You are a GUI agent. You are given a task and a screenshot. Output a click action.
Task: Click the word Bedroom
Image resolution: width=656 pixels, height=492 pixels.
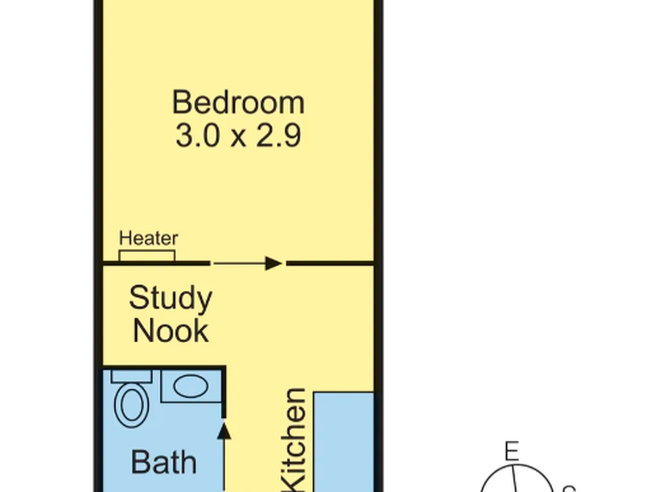(x=238, y=102)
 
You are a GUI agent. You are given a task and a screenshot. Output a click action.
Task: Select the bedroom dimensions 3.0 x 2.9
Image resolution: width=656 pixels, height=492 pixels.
(x=238, y=136)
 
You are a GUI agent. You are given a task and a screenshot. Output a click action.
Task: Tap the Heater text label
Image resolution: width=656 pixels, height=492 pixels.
(x=149, y=238)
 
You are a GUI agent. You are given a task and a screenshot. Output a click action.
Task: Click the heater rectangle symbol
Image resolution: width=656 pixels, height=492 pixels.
(x=147, y=256)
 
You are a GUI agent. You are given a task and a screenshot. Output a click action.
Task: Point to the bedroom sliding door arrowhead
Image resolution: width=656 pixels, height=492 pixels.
(x=273, y=263)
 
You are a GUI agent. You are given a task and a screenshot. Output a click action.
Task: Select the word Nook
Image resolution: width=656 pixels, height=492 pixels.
(x=171, y=331)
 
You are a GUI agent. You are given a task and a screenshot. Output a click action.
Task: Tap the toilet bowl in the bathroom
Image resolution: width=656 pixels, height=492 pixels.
(x=132, y=405)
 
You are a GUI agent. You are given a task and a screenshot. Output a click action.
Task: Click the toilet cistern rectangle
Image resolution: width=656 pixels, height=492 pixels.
(x=132, y=376)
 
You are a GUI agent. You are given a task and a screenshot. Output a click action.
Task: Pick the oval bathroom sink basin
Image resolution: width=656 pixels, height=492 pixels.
(x=191, y=386)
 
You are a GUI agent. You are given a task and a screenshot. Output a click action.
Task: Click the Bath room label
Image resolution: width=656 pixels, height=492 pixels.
(x=164, y=462)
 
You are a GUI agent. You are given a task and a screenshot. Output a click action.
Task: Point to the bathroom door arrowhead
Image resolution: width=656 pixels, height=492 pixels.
(x=224, y=431)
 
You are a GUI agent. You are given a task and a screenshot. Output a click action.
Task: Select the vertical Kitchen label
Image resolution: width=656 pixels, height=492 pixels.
(x=294, y=440)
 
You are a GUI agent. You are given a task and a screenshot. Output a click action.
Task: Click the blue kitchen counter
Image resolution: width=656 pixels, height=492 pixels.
(x=344, y=442)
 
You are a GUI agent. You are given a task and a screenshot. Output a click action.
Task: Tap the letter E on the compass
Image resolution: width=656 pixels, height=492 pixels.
(x=511, y=451)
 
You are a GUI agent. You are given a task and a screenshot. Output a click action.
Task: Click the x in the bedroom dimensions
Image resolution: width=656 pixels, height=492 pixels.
(x=238, y=139)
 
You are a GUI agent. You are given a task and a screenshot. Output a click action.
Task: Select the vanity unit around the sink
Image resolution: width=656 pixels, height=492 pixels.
(x=191, y=386)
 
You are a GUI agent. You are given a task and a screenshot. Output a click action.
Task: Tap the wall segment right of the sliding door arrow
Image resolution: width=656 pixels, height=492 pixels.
(x=331, y=263)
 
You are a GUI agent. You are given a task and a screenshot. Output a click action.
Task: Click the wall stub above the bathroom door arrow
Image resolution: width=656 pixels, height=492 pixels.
(x=224, y=392)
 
